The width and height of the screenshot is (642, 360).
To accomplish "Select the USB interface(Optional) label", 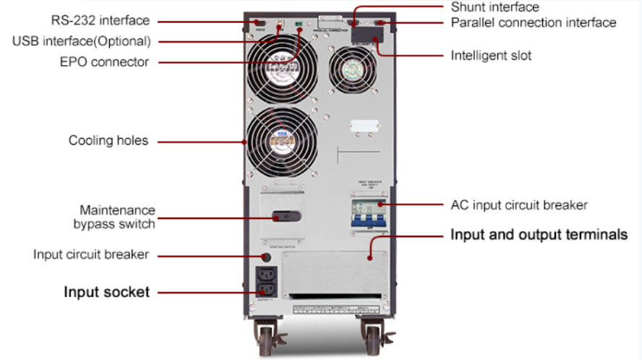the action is tap(81, 41).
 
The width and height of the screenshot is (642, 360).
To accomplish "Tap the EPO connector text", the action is tap(104, 61).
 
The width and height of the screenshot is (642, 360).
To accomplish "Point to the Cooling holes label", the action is tap(108, 140).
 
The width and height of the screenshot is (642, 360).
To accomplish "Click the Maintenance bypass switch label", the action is tap(116, 217).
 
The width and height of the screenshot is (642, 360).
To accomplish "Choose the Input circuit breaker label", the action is tap(91, 254).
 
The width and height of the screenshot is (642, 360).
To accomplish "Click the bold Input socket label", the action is tap(106, 292).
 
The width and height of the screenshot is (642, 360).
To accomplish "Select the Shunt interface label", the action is tap(495, 7).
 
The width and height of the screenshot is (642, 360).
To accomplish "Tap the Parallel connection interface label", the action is tap(534, 22).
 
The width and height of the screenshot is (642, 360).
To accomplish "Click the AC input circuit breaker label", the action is tap(518, 205).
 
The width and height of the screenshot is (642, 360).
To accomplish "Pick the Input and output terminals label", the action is tap(539, 235).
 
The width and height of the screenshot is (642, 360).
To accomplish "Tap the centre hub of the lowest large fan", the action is tap(273, 143).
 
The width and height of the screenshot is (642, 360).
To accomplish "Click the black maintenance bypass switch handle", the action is tap(284, 216).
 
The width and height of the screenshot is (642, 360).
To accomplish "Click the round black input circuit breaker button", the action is tap(266, 257).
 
